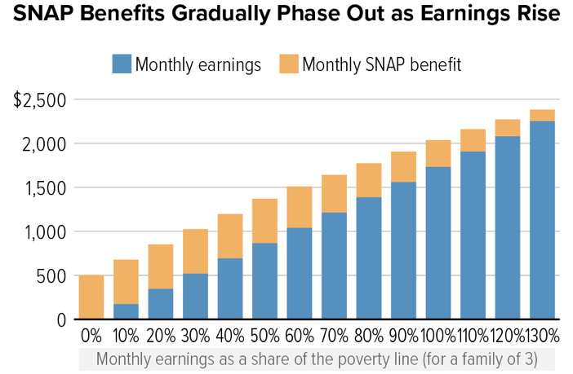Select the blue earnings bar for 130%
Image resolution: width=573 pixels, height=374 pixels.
(x=542, y=220)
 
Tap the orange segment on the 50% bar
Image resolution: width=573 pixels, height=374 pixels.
(x=264, y=221)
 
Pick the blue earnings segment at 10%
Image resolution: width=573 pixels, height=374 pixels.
(x=125, y=311)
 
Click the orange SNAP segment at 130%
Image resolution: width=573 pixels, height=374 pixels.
(x=542, y=115)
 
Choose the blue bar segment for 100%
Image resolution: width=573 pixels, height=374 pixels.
(x=438, y=243)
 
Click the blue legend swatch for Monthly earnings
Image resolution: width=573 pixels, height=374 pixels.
(x=122, y=64)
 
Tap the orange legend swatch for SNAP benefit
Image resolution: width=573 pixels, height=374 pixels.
(x=288, y=64)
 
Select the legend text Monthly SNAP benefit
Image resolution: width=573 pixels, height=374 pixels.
(x=382, y=64)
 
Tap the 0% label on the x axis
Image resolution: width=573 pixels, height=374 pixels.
(x=91, y=335)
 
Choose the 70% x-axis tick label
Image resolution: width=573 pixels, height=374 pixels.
(x=334, y=335)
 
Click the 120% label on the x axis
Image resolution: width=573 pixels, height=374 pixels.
(x=507, y=335)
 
